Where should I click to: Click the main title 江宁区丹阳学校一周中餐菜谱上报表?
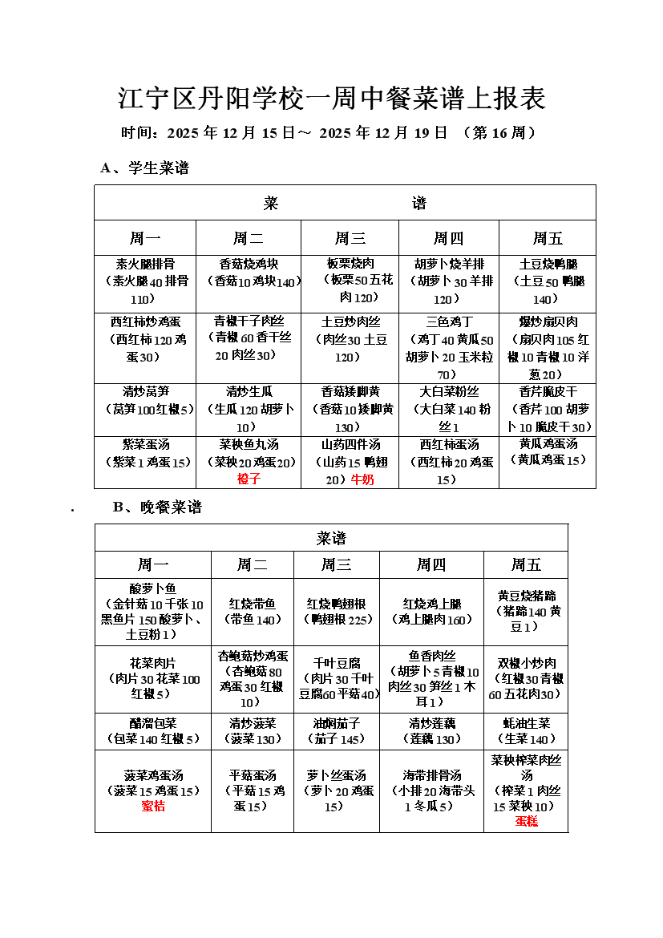tap(332, 98)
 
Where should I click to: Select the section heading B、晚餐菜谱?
tap(157, 507)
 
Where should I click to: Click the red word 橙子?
tap(249, 479)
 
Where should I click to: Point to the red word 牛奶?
tap(362, 479)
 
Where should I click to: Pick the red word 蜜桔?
tap(153, 807)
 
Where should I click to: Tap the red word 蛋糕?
tap(526, 821)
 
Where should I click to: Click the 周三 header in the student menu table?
tap(350, 238)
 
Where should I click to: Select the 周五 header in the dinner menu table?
tap(526, 565)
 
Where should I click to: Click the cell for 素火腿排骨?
tap(145, 281)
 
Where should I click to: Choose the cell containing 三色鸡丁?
tap(449, 348)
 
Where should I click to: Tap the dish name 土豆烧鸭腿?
tap(548, 264)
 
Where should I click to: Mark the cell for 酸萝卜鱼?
tap(153, 612)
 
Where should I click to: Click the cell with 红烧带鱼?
tap(253, 612)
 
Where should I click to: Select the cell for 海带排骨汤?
tap(431, 790)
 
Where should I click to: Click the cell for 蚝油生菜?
tap(526, 731)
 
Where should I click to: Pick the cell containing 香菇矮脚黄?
tap(350, 409)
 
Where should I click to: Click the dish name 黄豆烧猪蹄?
tap(526, 596)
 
